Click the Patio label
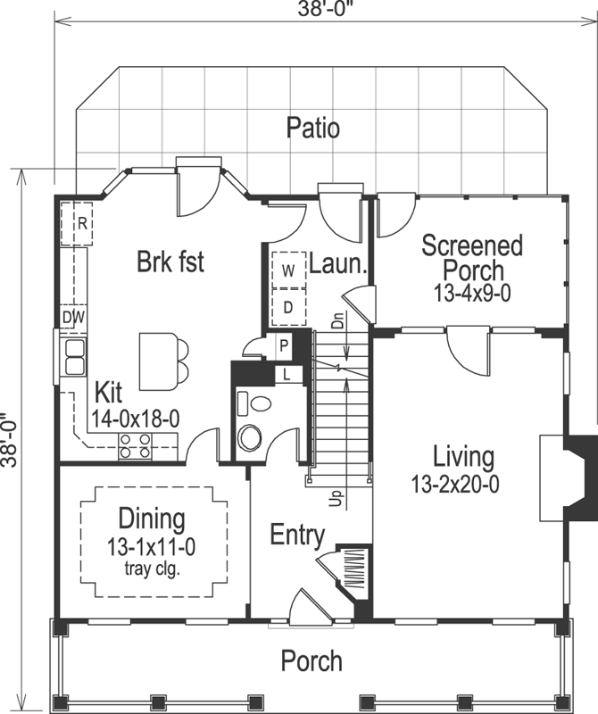pos(312,128)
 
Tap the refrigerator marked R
pos(80,223)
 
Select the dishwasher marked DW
pos(73,316)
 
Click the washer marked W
pos(288,270)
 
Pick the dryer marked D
pos(288,307)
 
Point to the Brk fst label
pos(170,262)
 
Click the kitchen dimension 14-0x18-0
pos(136,417)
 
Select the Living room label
pos(463,458)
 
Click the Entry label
pos(297,535)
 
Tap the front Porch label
pos(311,661)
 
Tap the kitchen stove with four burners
pos(135,445)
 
